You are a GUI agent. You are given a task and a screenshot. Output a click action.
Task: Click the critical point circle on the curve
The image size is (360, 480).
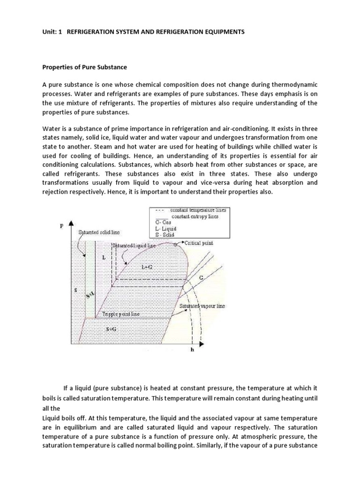click(x=175, y=244)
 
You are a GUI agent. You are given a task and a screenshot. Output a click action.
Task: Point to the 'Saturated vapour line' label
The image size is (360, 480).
click(x=202, y=306)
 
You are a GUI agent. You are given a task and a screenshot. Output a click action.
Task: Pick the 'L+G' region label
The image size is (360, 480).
click(x=147, y=266)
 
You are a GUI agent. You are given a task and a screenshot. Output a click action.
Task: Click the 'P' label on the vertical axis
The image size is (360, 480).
click(x=61, y=226)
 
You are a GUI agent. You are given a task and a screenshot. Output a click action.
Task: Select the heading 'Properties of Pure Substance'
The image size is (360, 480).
click(x=84, y=67)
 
